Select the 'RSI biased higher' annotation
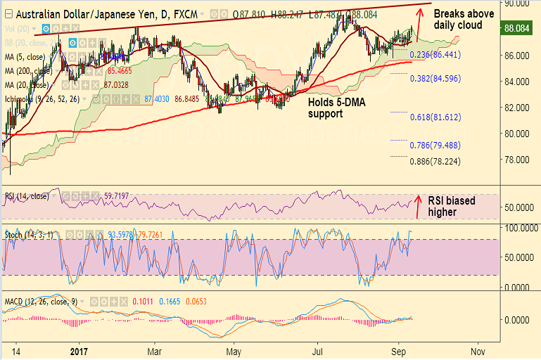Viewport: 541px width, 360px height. coord(451,206)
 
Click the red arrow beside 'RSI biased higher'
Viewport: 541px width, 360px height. coord(419,204)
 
